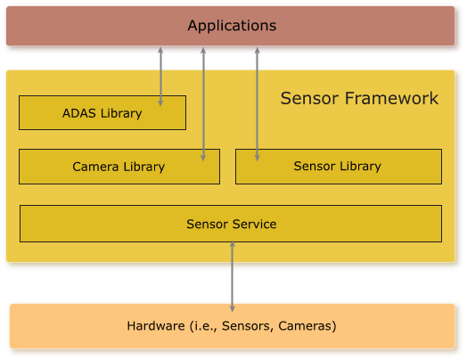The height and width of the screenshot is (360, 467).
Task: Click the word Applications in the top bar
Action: [x=232, y=26]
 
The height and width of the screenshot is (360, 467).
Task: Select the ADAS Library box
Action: [x=102, y=112]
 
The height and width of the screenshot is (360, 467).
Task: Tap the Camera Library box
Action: [x=119, y=167]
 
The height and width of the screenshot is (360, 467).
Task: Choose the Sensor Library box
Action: [x=339, y=167]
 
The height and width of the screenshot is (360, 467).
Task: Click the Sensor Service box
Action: [x=231, y=224]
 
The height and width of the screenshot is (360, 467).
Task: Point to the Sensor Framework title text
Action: [x=359, y=98]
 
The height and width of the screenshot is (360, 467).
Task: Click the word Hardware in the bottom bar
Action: [x=156, y=326]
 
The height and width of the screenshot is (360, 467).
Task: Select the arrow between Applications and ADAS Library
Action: [x=160, y=77]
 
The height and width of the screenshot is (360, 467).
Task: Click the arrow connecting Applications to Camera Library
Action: [x=203, y=104]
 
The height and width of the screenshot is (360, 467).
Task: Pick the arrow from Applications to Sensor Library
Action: [x=258, y=104]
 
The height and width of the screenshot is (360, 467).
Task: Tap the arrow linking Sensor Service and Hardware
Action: [x=233, y=276]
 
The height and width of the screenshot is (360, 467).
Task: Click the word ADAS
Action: [x=79, y=113]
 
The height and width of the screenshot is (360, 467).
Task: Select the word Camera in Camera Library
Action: [x=95, y=167]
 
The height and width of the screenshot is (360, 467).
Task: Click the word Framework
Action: [x=391, y=98]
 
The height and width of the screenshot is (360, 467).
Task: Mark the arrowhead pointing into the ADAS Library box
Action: [x=160, y=102]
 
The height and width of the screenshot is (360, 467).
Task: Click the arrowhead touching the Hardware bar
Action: [x=233, y=308]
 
